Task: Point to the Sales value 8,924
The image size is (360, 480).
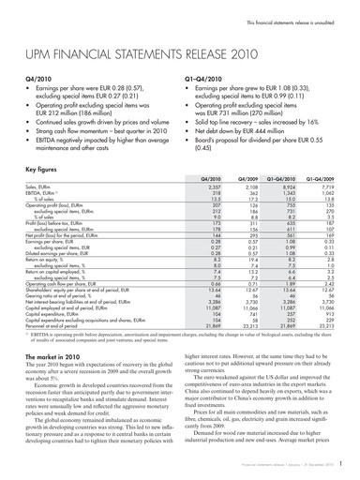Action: pos(296,161)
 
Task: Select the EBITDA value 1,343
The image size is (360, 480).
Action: pos(296,167)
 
